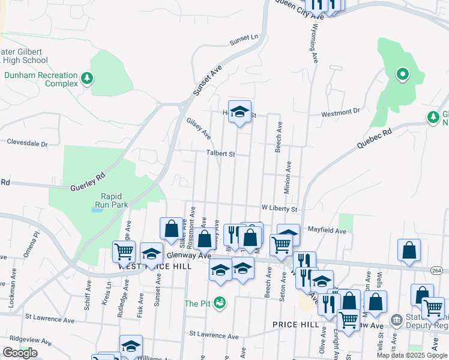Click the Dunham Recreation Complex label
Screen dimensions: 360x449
(x=41, y=80)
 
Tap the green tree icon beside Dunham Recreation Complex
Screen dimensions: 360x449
(x=87, y=77)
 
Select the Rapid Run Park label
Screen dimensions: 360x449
(x=115, y=200)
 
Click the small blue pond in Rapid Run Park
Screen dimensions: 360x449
(x=97, y=210)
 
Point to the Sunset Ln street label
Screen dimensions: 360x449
(x=243, y=41)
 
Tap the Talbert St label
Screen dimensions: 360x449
(x=220, y=154)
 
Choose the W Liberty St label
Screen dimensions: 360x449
(x=279, y=209)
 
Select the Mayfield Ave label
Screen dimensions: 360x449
(x=327, y=230)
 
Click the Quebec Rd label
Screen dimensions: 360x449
(x=378, y=138)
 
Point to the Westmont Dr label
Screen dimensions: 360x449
(x=340, y=112)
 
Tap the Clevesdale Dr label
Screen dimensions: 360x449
(x=26, y=143)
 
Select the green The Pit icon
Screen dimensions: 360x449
(x=221, y=303)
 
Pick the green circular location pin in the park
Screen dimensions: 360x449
(x=402, y=75)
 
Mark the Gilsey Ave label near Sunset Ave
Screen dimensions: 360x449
(x=199, y=127)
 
